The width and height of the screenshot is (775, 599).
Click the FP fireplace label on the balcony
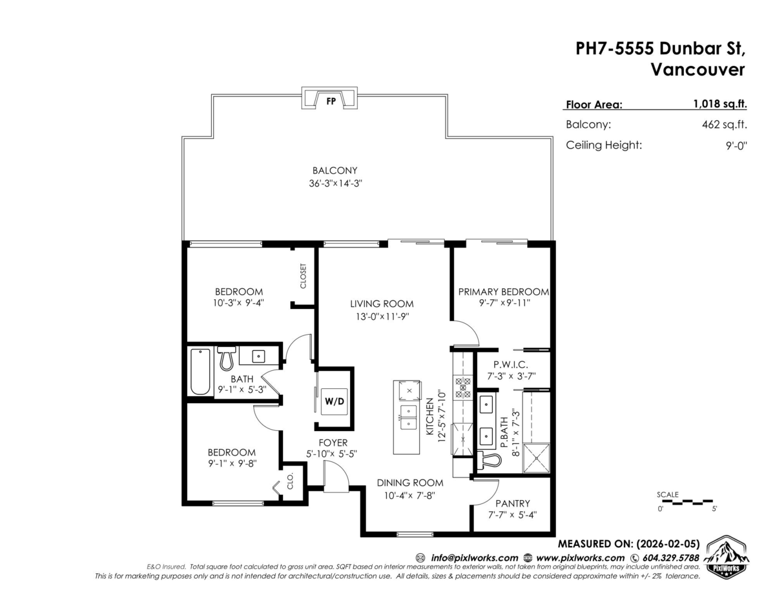click(x=331, y=101)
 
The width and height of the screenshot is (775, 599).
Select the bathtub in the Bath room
click(x=200, y=372)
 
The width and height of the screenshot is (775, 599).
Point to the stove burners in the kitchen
click(x=463, y=386)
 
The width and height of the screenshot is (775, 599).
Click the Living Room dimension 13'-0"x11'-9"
click(x=381, y=317)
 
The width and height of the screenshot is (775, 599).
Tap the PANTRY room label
click(x=512, y=503)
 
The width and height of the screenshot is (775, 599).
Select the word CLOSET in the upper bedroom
click(x=304, y=276)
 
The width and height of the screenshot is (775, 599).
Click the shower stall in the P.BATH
click(x=535, y=458)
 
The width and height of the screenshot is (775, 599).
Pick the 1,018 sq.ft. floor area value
click(x=716, y=103)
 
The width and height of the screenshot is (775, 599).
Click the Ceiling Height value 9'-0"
click(x=734, y=145)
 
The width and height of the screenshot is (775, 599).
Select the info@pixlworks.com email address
click(x=474, y=558)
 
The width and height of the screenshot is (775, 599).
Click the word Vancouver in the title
click(x=697, y=70)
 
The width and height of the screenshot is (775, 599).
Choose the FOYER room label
click(x=333, y=443)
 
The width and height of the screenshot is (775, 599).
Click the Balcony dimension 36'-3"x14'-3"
click(x=335, y=183)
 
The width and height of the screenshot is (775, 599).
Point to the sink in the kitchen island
click(x=408, y=417)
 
